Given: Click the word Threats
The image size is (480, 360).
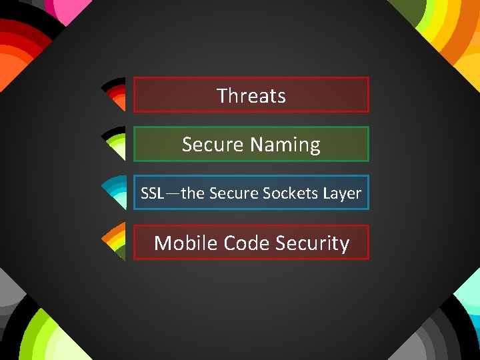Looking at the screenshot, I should (x=251, y=95).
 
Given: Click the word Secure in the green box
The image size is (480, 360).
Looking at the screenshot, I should (x=213, y=145).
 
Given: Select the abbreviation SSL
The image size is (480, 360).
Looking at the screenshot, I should (x=152, y=193).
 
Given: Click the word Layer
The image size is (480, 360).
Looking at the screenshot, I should (x=342, y=193).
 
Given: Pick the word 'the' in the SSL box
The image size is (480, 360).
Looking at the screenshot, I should (x=193, y=193).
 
